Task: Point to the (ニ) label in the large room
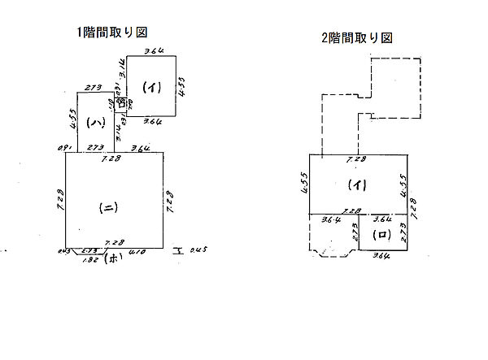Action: pyautogui.click(x=108, y=207)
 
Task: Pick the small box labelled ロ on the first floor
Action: pyautogui.click(x=121, y=103)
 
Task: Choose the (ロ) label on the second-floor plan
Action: pyautogui.click(x=381, y=234)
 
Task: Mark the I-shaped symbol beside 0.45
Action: pyautogui.click(x=176, y=249)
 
